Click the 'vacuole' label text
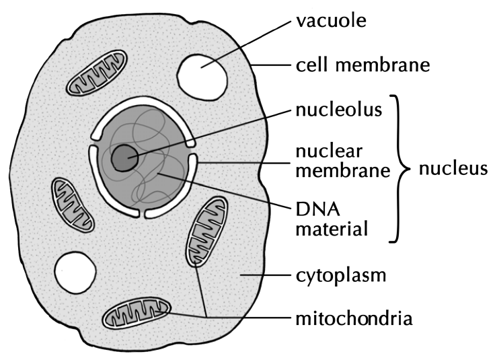tap(331, 21)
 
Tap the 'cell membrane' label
tap(363, 65)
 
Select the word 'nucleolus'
tap(339, 110)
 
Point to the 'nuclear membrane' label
tap(343, 161)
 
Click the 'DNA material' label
tap(332, 219)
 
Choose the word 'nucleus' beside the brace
tap(453, 169)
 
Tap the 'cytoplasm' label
tap(341, 276)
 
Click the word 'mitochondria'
tap(354, 319)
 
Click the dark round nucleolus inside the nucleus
tap(124, 158)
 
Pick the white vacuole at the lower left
tap(75, 273)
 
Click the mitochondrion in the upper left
tap(96, 72)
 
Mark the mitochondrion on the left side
tap(72, 205)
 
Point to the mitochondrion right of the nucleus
tap(206, 231)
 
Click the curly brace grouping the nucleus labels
tap(399, 169)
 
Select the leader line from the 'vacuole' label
tap(246, 44)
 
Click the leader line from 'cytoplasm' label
tap(265, 275)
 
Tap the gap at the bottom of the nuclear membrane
tap(142, 213)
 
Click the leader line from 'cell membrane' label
tap(271, 65)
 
